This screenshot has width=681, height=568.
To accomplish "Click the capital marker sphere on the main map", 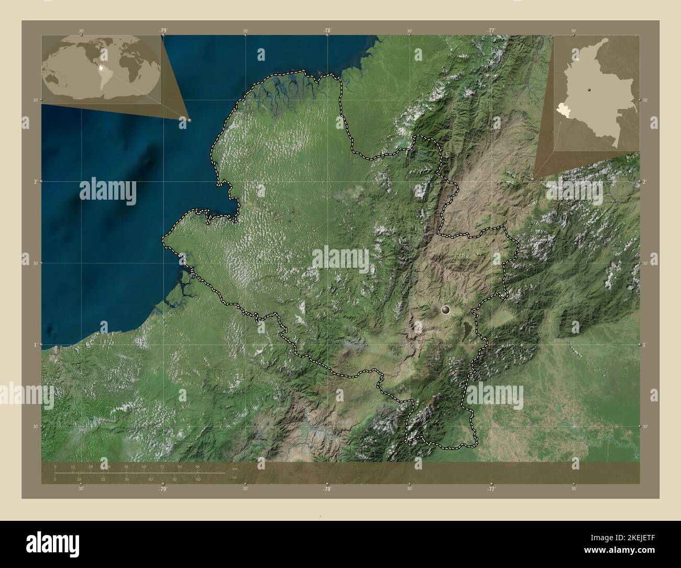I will [x=446, y=310].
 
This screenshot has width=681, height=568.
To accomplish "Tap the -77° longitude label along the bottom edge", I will [x=491, y=489].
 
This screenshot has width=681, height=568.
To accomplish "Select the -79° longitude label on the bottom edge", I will [x=163, y=489].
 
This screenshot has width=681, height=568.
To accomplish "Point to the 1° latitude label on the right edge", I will [x=645, y=345].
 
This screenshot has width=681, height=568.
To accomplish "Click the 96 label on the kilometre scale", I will [x=197, y=466].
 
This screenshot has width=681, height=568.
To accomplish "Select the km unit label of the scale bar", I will [x=235, y=469].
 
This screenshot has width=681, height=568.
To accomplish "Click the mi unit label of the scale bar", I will [x=234, y=477].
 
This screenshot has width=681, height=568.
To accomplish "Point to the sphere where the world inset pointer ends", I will [x=189, y=120].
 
